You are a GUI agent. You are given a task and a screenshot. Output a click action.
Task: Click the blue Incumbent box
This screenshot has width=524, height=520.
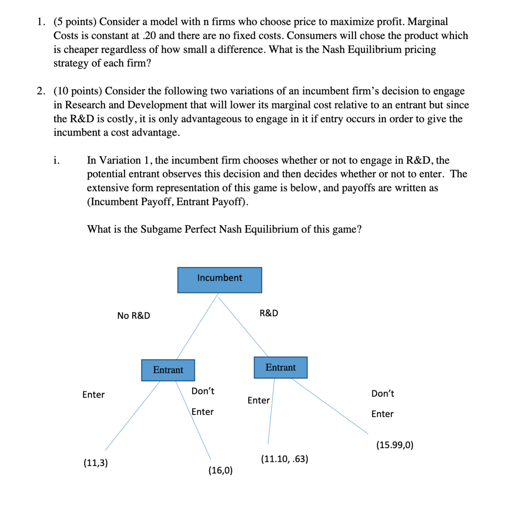pos(219,280)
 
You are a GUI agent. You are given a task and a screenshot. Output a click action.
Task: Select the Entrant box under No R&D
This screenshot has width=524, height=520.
pos(168,370)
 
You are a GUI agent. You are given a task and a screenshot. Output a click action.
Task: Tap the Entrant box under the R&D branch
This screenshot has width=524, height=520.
pos(281,367)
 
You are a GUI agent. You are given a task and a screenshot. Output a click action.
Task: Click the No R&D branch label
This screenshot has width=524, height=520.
pos(134,316)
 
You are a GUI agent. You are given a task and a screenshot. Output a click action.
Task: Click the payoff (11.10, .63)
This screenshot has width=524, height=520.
pos(285,459)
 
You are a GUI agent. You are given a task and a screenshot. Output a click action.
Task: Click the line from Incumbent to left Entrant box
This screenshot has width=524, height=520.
pos(197,326)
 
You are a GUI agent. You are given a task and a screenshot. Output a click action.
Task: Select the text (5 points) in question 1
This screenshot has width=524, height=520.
pos(75,22)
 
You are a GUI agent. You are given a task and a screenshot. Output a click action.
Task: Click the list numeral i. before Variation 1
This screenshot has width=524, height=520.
pos(56,160)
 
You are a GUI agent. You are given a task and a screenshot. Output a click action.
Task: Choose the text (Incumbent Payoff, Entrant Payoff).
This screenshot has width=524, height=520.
pos(168,202)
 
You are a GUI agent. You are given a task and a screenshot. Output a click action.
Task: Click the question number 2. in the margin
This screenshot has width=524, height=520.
pos(41,91)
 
